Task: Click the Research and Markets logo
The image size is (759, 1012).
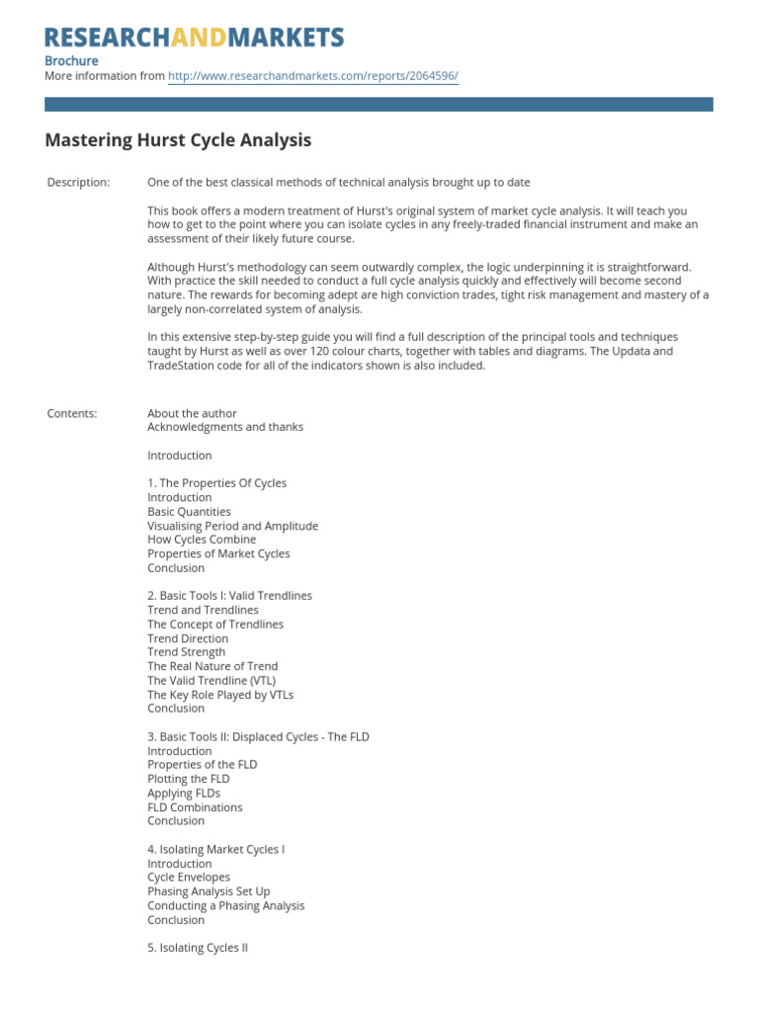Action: (195, 38)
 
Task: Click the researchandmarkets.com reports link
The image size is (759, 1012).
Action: (313, 76)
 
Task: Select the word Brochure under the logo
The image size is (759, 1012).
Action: (71, 60)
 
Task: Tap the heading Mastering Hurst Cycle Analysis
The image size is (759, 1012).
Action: (178, 140)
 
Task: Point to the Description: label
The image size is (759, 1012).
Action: (78, 182)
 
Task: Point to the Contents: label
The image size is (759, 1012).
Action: (72, 413)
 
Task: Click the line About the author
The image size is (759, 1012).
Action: (192, 413)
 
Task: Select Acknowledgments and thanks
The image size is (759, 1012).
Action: (225, 427)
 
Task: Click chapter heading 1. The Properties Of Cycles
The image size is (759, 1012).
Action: (216, 483)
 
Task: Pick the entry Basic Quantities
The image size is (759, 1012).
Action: (189, 512)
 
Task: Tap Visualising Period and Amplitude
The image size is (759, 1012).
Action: (232, 526)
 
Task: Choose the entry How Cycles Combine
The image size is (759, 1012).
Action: (202, 540)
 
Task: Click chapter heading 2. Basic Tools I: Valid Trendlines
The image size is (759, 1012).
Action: (229, 596)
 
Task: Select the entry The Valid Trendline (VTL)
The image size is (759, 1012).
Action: (211, 680)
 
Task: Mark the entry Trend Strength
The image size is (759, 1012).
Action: (186, 652)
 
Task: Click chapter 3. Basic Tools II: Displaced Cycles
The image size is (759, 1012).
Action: (258, 737)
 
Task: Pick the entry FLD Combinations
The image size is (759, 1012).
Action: (195, 807)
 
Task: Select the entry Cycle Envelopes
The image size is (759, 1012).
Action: (189, 877)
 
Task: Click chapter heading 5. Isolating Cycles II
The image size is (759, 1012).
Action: (198, 948)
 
